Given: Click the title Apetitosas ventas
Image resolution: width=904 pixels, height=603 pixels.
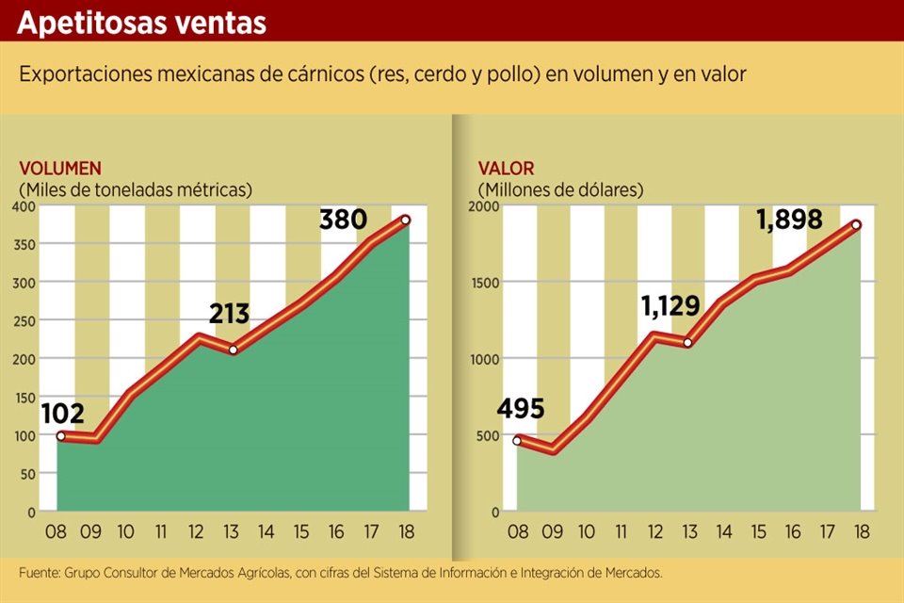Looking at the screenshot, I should pyautogui.click(x=141, y=23).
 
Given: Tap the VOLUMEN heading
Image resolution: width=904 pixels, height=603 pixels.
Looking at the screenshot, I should pyautogui.click(x=60, y=169).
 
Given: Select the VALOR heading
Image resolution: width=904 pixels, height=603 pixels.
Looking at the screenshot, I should pyautogui.click(x=506, y=169).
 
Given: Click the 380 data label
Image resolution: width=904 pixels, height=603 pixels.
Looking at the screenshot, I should pyautogui.click(x=343, y=220).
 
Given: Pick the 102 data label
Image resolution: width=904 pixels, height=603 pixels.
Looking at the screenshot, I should pyautogui.click(x=63, y=413).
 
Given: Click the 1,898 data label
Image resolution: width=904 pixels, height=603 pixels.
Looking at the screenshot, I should pyautogui.click(x=790, y=220).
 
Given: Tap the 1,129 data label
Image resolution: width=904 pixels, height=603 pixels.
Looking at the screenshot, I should pyautogui.click(x=670, y=306).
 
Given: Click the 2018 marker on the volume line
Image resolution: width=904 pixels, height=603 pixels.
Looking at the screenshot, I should pyautogui.click(x=406, y=220).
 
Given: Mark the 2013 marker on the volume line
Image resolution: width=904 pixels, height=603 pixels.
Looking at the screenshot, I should pyautogui.click(x=233, y=350).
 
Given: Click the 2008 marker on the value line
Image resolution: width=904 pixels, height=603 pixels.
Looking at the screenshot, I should pyautogui.click(x=517, y=440).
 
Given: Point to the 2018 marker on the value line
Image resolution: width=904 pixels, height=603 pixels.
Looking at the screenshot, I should pyautogui.click(x=857, y=224).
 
